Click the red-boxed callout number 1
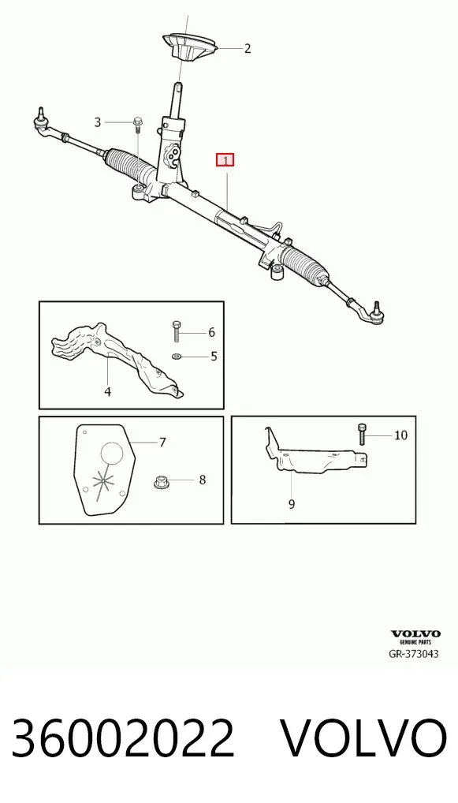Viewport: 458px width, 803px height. [225, 160]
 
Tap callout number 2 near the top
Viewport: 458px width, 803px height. [248, 49]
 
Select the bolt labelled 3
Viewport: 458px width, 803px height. [137, 125]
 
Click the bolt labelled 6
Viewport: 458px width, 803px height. [176, 331]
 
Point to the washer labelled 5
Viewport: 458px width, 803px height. [176, 356]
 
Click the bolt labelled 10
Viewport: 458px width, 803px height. [362, 435]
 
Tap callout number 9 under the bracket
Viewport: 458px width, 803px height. [291, 504]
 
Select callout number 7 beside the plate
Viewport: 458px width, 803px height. [162, 442]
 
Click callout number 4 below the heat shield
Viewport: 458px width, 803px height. [107, 392]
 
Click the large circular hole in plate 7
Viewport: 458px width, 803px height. [112, 454]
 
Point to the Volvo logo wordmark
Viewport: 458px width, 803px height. [415, 634]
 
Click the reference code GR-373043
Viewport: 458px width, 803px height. [414, 654]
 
